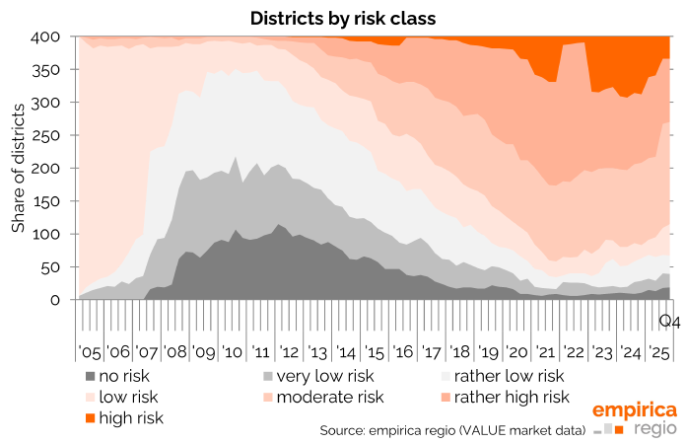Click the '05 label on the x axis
[x=90, y=352]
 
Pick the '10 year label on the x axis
[x=233, y=352]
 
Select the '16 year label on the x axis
[x=404, y=352]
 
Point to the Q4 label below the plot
[x=669, y=321]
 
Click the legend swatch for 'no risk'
[x=92, y=376]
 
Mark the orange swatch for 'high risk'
[x=92, y=417]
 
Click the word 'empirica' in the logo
[x=634, y=409]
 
